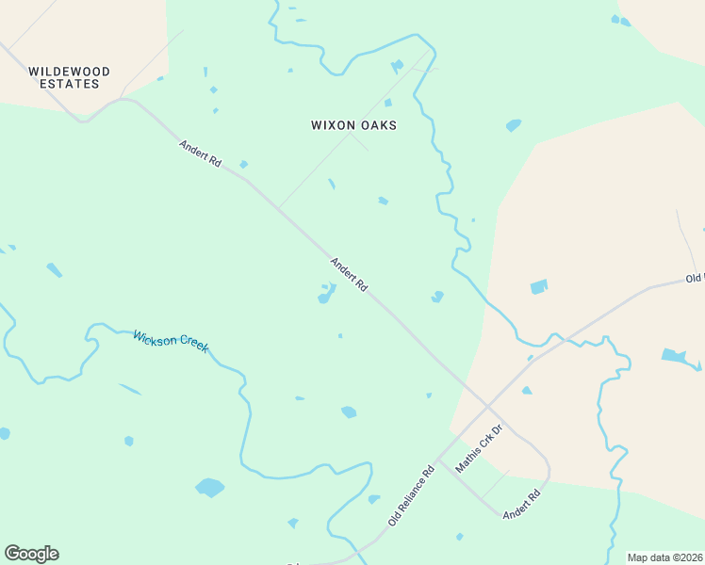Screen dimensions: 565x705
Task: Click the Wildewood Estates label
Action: point(69,77)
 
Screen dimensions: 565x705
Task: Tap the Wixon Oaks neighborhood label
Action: point(353,125)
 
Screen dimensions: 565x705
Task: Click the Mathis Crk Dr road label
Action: point(480,448)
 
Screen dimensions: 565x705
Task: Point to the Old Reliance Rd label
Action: point(411,495)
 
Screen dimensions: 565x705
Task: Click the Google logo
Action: point(31,554)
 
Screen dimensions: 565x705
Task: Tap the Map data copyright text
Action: point(665,557)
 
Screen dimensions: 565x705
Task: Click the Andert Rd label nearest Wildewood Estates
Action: point(200,153)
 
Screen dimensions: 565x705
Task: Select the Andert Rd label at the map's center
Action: point(349,274)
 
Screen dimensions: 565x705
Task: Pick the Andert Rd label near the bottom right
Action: point(521,504)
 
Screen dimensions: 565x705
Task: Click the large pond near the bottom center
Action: point(209,487)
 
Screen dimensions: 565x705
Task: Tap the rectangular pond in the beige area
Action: point(538,286)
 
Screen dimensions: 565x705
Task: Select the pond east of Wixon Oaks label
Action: point(513,125)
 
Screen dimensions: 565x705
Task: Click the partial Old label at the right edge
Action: point(695,279)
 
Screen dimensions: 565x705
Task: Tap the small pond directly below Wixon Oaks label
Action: point(331,184)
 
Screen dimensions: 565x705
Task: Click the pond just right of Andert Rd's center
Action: point(437,297)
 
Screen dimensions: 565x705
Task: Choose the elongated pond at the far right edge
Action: point(674,355)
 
